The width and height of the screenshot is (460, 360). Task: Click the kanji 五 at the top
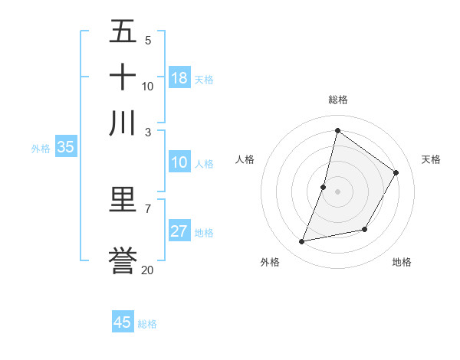(x=123, y=33)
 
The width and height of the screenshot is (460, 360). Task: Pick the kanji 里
(x=123, y=200)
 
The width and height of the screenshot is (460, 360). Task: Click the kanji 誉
(x=123, y=261)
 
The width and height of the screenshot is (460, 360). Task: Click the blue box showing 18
(x=179, y=78)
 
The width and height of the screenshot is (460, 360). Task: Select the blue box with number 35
(x=65, y=148)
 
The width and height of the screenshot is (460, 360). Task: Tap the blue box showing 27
(x=179, y=232)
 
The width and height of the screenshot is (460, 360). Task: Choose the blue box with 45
(x=123, y=322)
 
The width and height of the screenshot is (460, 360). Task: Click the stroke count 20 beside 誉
(x=148, y=270)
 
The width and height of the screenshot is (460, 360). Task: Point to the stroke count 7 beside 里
(x=148, y=208)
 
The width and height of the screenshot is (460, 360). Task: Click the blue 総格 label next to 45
(x=147, y=324)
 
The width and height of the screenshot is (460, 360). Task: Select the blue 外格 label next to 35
(x=41, y=149)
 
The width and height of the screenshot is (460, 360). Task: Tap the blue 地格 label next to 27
(x=204, y=233)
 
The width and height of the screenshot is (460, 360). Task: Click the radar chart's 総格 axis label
(x=337, y=100)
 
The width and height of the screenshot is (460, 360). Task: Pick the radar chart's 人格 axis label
(x=245, y=159)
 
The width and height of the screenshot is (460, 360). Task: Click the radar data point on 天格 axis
(x=396, y=173)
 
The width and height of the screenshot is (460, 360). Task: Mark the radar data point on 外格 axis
(x=302, y=242)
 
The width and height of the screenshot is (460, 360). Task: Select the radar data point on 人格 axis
(x=324, y=187)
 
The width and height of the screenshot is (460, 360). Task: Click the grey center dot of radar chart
(x=337, y=191)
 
